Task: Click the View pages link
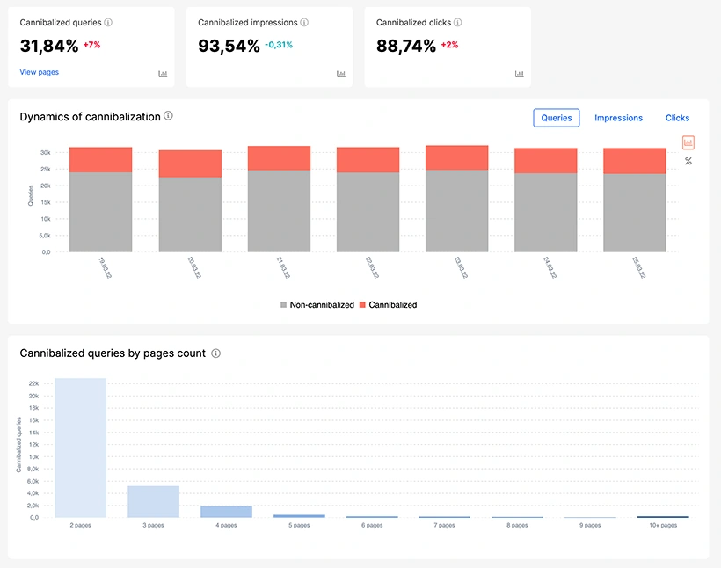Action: coord(40,72)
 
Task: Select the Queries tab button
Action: coord(557,118)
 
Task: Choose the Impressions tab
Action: coord(618,118)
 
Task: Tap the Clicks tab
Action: coord(677,118)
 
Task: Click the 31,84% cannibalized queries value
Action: coord(49,47)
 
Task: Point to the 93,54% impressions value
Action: coord(229,47)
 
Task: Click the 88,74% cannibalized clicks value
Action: coord(406,47)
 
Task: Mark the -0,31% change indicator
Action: coord(280,45)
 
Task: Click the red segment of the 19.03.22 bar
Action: coord(100,159)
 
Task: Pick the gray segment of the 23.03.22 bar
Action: coord(456,210)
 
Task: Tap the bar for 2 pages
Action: coord(81,448)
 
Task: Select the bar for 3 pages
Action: coord(154,501)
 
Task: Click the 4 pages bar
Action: coord(227,512)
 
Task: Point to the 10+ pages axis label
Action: coord(663,526)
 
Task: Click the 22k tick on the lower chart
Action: coord(33,384)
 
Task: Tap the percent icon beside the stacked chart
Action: coord(688,161)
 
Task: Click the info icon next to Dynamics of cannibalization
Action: coord(168,116)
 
